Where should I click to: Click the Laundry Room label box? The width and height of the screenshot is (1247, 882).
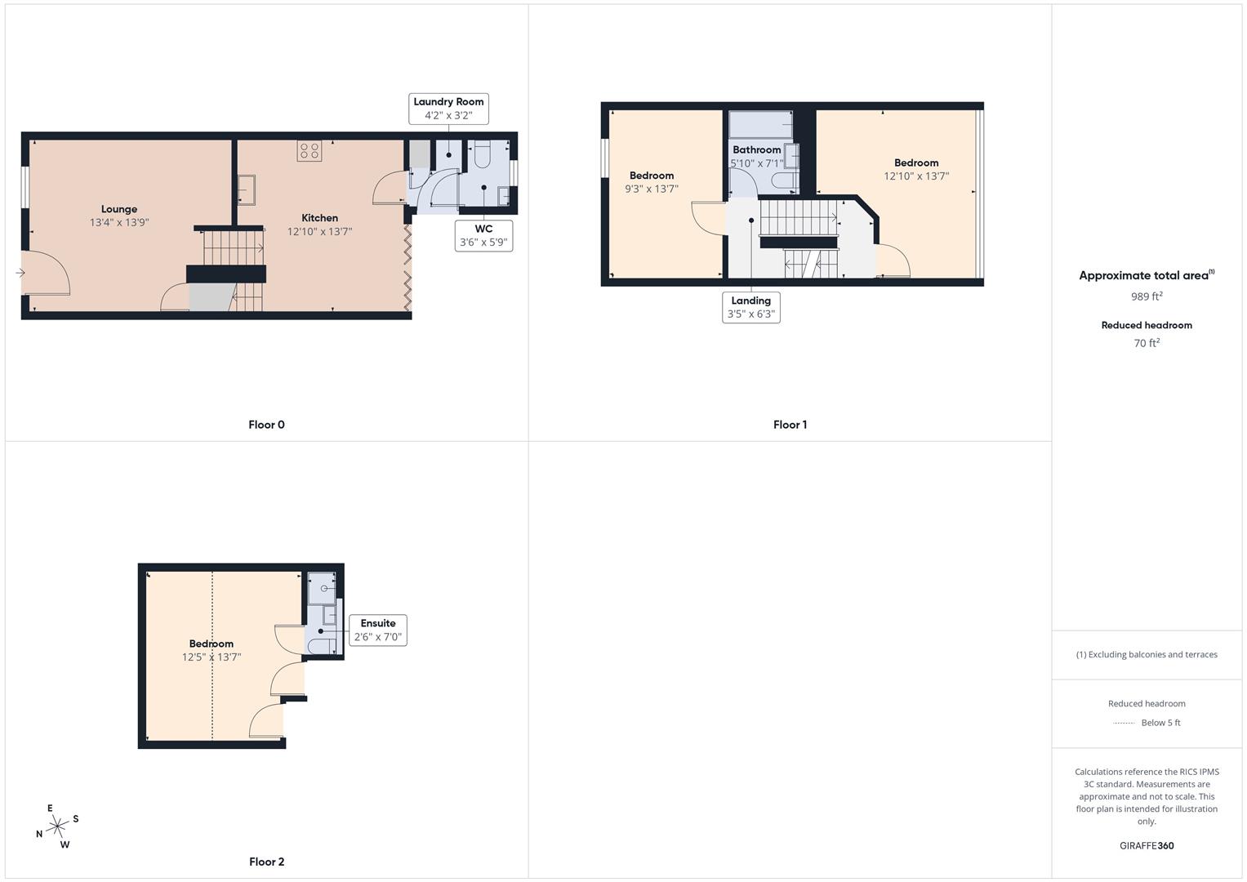pos(448,109)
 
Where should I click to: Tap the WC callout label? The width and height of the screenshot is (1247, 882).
pos(483,235)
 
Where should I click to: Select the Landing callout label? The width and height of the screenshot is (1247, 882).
pos(751,307)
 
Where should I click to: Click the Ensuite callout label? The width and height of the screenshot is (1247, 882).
pos(378,630)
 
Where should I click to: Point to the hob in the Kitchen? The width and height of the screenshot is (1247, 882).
pos(309,151)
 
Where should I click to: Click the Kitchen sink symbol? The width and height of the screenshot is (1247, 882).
pos(246,189)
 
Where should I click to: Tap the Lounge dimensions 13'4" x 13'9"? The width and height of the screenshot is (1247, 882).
pos(119,222)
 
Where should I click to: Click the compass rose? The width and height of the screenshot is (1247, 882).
pos(57,826)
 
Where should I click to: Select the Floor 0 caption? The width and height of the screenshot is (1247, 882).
pos(267,425)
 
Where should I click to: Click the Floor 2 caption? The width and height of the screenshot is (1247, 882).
pos(267,862)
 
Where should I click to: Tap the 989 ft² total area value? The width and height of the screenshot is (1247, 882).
pos(1147,296)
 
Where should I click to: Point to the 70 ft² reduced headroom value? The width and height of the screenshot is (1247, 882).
pos(1147,343)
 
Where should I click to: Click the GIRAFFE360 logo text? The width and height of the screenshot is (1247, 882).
pos(1147,846)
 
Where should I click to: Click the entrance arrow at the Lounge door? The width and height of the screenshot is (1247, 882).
pos(20,273)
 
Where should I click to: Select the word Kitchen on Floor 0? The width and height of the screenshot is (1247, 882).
pos(319,218)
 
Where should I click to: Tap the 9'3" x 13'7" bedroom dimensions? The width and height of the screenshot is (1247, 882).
pos(652,189)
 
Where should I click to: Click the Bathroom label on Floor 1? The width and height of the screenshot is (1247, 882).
pos(756,149)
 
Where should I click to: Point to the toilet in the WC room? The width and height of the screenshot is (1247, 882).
pos(480,154)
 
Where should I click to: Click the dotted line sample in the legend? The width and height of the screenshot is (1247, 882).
pos(1124,723)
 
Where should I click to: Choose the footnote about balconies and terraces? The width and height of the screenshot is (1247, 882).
pos(1147,655)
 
